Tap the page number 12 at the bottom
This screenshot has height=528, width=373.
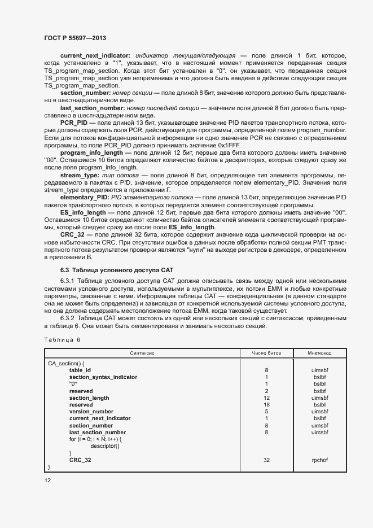pos(47,479)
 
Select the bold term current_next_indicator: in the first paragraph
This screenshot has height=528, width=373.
pos(95,55)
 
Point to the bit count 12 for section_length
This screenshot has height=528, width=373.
pos(266,398)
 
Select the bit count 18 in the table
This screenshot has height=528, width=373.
pos(266,405)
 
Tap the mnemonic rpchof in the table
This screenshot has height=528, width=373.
pos(319,460)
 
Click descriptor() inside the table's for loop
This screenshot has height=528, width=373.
pos(104,446)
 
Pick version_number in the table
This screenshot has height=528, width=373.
pos(91,412)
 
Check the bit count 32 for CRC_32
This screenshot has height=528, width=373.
pos(266,460)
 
